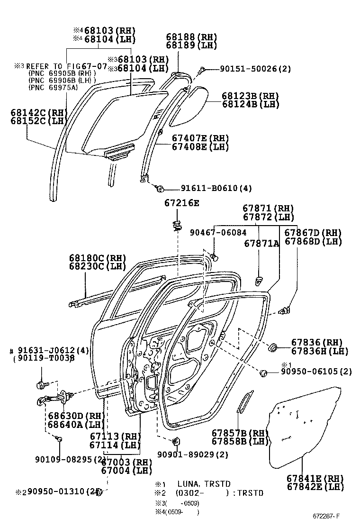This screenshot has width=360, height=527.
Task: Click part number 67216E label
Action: point(182,203)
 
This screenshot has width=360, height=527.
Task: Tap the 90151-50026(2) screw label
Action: point(255,69)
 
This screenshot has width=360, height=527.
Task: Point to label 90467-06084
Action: point(218,232)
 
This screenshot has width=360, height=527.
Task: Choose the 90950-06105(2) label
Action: point(316,372)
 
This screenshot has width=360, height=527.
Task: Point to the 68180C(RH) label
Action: point(98,258)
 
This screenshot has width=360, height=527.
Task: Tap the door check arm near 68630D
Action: point(52,399)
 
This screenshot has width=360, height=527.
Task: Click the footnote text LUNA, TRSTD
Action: point(204,484)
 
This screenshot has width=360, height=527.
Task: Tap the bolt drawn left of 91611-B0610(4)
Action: point(160,189)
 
